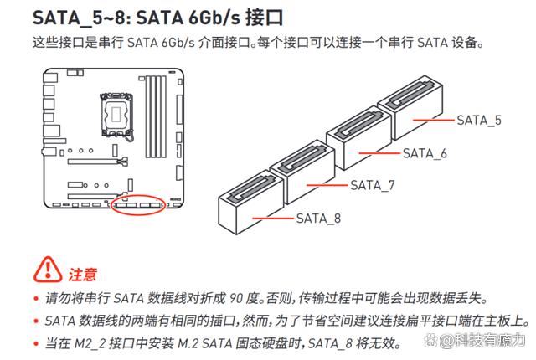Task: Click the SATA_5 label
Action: coord(479,121)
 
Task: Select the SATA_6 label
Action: coord(425,153)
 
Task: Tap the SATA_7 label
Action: coord(372,186)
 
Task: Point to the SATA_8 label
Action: coord(318,219)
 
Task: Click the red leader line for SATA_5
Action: coord(434,121)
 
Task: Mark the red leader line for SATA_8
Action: coord(273,219)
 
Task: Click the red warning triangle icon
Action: coord(48,270)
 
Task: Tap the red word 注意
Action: coord(83,275)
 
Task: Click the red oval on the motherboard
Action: coord(138,204)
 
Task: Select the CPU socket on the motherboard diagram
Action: coord(116,114)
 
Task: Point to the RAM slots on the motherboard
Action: coord(156,116)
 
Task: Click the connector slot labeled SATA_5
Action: coord(410,107)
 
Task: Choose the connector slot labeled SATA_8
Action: coord(251,203)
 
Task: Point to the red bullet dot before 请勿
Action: coord(36,299)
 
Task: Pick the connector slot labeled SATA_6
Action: coord(359,137)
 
